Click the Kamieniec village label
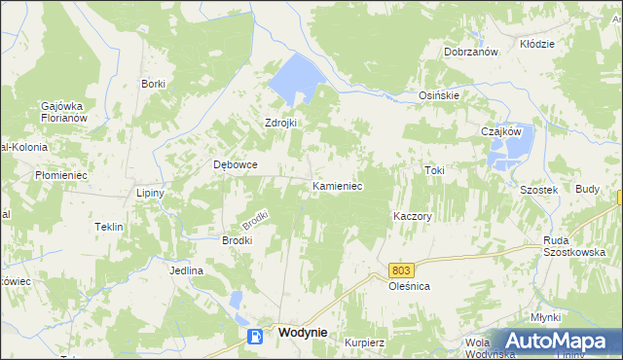pyautogui.click(x=337, y=185)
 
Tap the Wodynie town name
pyautogui.click(x=302, y=332)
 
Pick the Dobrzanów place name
pyautogui.click(x=471, y=52)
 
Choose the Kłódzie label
pyautogui.click(x=536, y=44)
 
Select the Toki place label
pyautogui.click(x=434, y=170)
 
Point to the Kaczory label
pyautogui.click(x=412, y=216)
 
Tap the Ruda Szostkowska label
pyautogui.click(x=568, y=245)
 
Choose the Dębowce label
pyautogui.click(x=236, y=164)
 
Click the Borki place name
pyautogui.click(x=153, y=84)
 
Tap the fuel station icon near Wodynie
pyautogui.click(x=255, y=337)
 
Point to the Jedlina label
pyautogui.click(x=185, y=270)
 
